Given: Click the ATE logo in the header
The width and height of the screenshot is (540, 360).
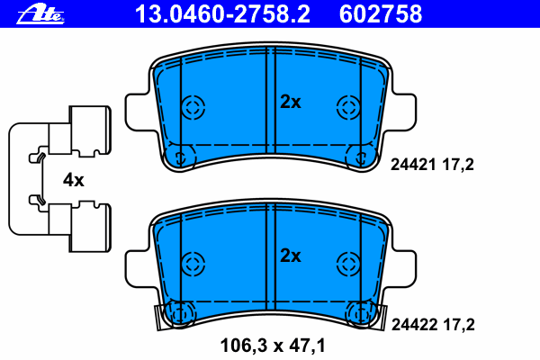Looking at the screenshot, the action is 40,14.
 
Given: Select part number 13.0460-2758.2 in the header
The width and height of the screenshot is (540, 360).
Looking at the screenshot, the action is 222,14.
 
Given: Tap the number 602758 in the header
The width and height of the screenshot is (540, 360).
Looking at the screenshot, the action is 381,14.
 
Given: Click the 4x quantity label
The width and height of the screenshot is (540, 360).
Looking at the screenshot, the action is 73,180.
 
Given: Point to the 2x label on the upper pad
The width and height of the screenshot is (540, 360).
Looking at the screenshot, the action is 291,102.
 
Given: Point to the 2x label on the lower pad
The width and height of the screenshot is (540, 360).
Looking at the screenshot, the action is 291,256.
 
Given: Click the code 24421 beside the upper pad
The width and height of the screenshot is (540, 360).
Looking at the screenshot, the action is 413,165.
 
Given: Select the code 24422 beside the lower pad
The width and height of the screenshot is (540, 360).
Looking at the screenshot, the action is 414,324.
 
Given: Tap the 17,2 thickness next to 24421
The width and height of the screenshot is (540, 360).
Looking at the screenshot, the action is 458,165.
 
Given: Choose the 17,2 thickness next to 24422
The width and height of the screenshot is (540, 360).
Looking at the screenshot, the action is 459,325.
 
